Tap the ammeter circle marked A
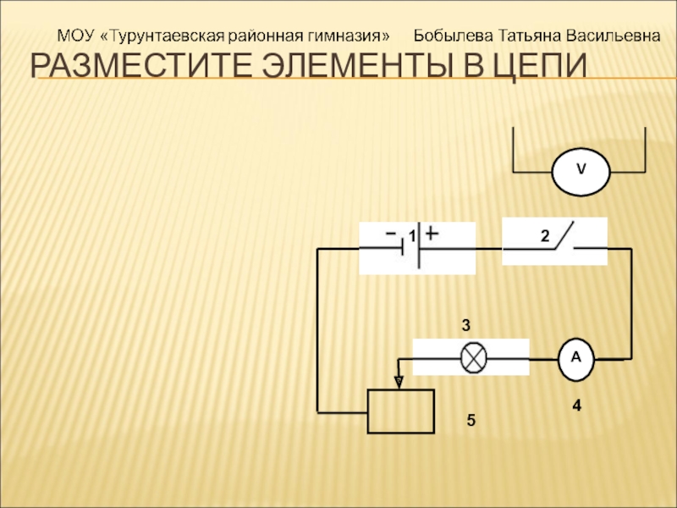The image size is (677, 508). pyautogui.click(x=576, y=358)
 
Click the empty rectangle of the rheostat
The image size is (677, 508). pyautogui.click(x=400, y=411)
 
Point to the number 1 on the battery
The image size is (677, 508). pyautogui.click(x=410, y=236)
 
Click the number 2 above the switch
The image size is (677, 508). pyautogui.click(x=546, y=235)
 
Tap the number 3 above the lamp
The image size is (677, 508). pyautogui.click(x=465, y=325)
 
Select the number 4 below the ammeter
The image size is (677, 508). pyautogui.click(x=576, y=406)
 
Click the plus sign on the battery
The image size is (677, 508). pyautogui.click(x=432, y=232)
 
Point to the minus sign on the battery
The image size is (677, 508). pyautogui.click(x=391, y=231)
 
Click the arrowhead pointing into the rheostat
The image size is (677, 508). pyautogui.click(x=399, y=383)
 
